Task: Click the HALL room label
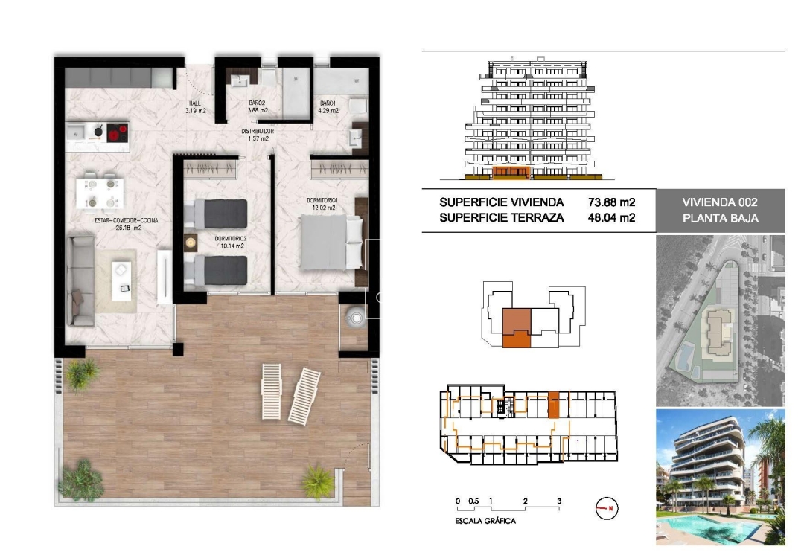point(195,103)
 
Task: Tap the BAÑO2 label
point(258,103)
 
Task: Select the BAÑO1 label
point(328,103)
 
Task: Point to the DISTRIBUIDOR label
point(257,131)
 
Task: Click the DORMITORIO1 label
point(323,200)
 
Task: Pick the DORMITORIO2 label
point(229,239)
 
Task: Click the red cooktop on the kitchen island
point(116,133)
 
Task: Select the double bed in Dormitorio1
point(331,242)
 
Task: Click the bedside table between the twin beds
point(191,242)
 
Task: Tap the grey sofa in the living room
point(80,280)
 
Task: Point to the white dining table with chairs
point(100,190)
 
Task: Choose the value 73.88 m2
point(611,202)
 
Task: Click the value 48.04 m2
point(611,218)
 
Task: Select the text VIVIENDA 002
point(720,202)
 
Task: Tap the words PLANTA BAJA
point(720,219)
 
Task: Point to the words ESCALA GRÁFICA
point(485,522)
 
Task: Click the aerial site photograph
point(720,321)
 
